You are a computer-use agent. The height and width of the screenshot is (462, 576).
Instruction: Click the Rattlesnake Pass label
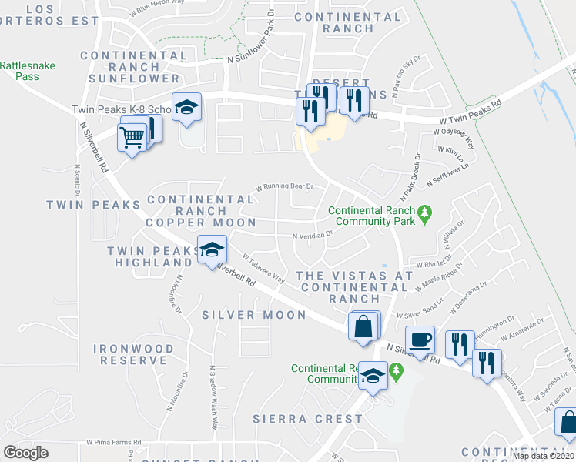pos(28,72)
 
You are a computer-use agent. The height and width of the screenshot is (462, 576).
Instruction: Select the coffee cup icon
pos(420,340)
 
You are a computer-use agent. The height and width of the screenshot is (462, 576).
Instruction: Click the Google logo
pos(25,453)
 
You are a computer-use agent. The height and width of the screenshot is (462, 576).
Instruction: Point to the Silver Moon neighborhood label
pos(254,315)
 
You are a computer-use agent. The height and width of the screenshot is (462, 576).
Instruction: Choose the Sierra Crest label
pos(307,419)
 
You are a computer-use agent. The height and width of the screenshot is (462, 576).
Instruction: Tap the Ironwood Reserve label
pos(134,354)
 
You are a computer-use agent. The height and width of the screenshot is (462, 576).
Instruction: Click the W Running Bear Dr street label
pos(285,186)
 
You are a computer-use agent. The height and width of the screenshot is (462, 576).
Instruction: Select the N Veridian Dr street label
pos(311,236)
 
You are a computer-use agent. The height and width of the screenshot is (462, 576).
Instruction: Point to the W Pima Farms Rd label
pos(114,443)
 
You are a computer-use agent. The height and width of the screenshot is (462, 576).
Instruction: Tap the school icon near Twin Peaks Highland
pos(212,249)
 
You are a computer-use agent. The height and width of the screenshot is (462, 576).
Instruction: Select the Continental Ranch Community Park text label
pos(371,216)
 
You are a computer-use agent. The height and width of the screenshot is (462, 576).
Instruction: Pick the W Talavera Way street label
pos(263,269)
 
